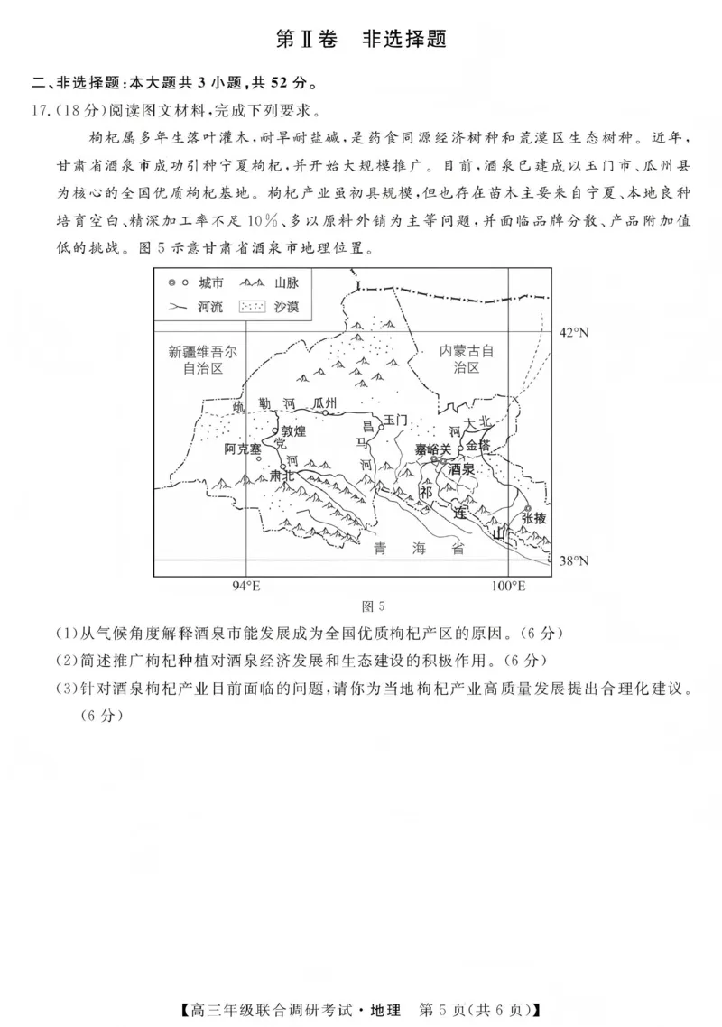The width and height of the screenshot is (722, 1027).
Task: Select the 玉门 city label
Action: coord(396,421)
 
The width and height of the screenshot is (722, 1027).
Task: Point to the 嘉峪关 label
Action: coord(432,449)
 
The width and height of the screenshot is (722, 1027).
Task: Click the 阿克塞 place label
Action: coord(243,449)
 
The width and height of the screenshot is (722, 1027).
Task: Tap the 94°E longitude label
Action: coord(245,587)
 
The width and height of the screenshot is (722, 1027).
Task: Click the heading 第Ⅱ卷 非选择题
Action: coord(361,39)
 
